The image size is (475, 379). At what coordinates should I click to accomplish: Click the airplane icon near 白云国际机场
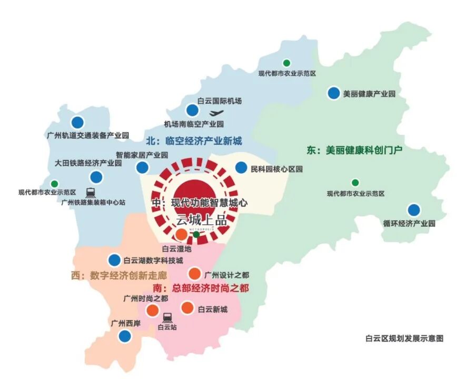pyautogui.click(x=216, y=113)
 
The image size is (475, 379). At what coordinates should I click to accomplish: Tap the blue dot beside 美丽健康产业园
pyautogui.click(x=333, y=93)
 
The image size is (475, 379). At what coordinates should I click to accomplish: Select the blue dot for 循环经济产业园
pyautogui.click(x=414, y=210)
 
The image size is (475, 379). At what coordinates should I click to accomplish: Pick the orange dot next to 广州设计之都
pyautogui.click(x=194, y=274)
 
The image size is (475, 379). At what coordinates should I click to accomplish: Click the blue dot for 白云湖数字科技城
pyautogui.click(x=114, y=260)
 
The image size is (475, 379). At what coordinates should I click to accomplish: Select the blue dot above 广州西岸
pyautogui.click(x=125, y=336)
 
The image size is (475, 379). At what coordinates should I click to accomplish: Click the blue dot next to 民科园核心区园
pyautogui.click(x=241, y=168)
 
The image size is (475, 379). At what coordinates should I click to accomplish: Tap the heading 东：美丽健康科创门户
pyautogui.click(x=354, y=151)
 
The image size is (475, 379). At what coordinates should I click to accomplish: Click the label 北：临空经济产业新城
pyautogui.click(x=194, y=141)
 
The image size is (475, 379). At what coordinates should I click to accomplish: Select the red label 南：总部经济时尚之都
pyautogui.click(x=201, y=288)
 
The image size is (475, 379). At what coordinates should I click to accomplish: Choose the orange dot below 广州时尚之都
pyautogui.click(x=152, y=310)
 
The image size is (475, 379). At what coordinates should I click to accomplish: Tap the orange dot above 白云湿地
pyautogui.click(x=181, y=234)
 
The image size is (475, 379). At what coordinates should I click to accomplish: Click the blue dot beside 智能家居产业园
pyautogui.click(x=142, y=167)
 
